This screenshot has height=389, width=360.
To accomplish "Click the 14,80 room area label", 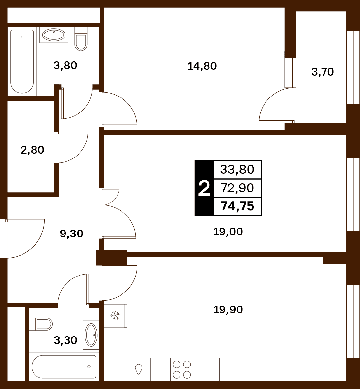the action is point(202,66).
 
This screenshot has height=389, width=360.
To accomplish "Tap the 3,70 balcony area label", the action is point(323,72).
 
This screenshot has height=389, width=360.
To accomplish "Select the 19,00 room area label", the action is point(228,232).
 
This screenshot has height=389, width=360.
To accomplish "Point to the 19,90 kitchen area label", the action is point(228,310).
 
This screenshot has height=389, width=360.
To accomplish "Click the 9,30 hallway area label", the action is point(71,234).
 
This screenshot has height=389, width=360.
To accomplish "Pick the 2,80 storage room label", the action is point(32,150).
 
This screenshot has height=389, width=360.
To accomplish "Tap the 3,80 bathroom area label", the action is point(65,66).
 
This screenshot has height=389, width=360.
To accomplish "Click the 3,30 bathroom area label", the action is point(65,340).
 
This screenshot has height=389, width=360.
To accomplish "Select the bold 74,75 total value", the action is point(237,206).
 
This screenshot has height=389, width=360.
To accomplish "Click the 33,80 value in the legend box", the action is point(237,170).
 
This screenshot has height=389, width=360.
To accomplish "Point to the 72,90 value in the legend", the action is point(237,188).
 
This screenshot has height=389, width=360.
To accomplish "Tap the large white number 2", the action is point(204,188).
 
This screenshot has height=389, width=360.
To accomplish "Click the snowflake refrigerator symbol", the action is point(115,316).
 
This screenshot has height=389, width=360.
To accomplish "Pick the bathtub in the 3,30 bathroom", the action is point(64,367).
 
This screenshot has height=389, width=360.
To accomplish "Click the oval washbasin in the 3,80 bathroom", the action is point(54,35).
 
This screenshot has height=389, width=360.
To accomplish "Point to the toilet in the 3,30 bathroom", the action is point(41,324).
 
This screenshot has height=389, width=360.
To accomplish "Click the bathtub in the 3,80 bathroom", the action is point(22,62).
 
